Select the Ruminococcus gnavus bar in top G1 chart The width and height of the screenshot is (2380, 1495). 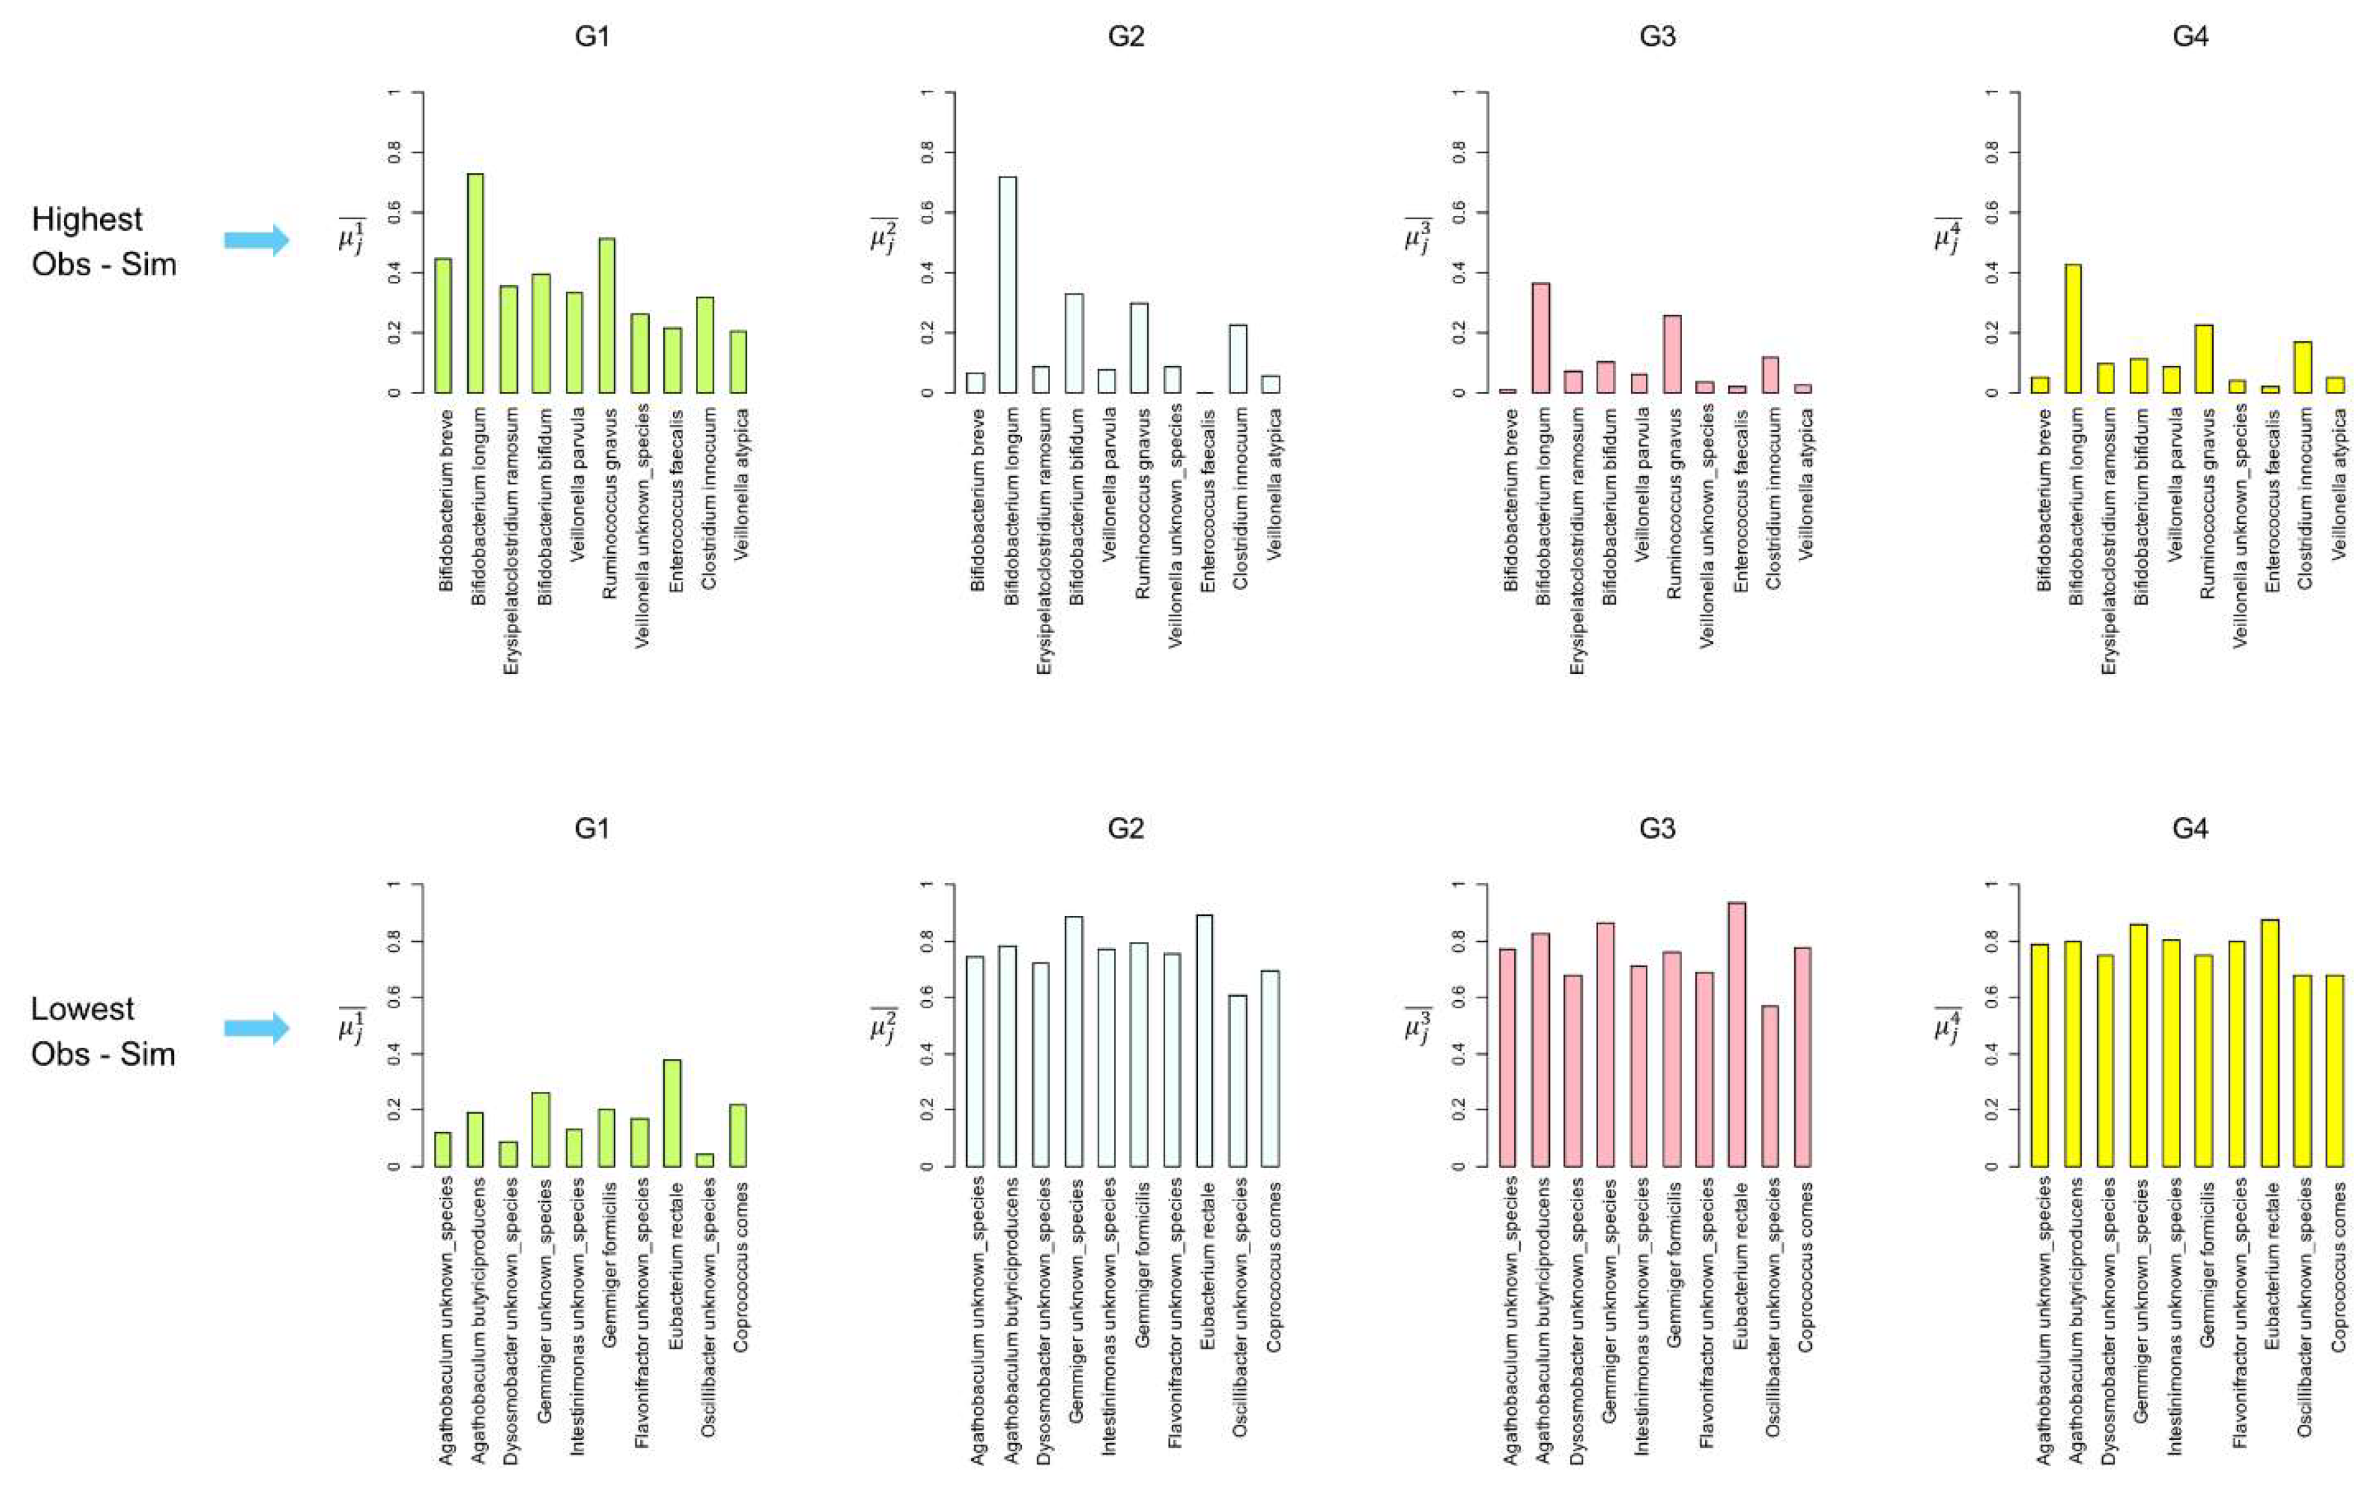607,316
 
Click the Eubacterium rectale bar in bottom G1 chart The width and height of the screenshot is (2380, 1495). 672,1113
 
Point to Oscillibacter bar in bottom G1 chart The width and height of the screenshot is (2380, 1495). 705,1160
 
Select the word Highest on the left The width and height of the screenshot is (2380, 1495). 87,219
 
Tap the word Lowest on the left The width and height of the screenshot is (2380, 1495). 82,1009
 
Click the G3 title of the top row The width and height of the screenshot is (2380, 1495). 1657,36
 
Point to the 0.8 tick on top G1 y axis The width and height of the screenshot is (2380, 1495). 395,152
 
